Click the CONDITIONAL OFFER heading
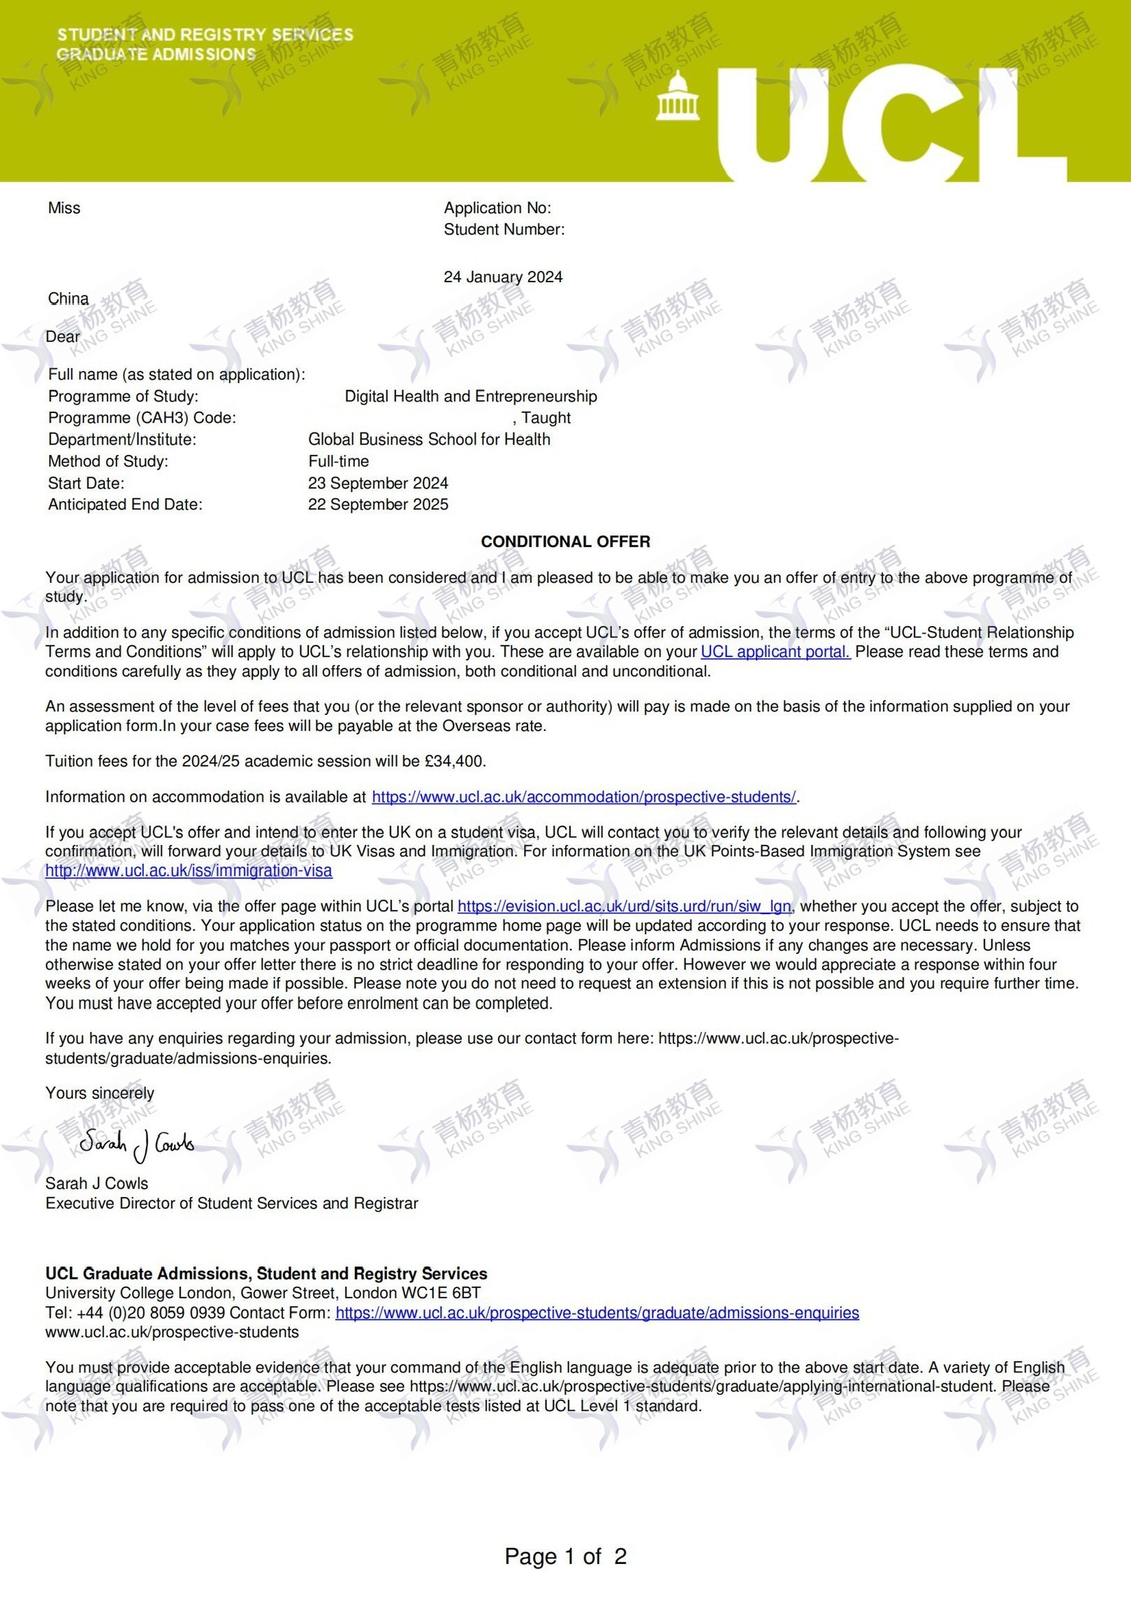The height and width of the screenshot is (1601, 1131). click(565, 542)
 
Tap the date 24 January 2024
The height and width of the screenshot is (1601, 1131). click(503, 277)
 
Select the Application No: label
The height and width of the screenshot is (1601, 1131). click(497, 208)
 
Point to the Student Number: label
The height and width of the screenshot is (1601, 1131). click(504, 229)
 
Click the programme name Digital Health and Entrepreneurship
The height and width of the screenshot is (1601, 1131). click(471, 396)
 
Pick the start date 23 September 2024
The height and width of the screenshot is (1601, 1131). click(378, 483)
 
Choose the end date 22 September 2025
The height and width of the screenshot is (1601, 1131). click(378, 505)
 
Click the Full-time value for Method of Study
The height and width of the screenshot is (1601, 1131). click(338, 461)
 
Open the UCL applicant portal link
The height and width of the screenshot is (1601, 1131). click(775, 652)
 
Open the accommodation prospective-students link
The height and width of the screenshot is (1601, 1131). click(583, 797)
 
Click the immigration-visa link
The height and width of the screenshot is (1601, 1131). click(189, 871)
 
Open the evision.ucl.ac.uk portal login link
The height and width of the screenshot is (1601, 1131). click(625, 906)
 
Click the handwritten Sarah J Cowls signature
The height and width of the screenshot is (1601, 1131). click(136, 1143)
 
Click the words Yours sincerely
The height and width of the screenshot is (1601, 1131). click(100, 1093)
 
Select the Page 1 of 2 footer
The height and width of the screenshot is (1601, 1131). click(565, 1556)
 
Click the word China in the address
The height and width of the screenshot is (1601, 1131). click(68, 298)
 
